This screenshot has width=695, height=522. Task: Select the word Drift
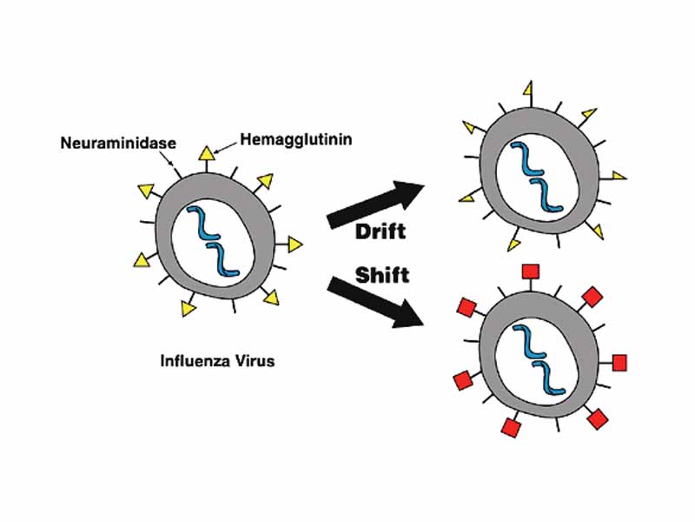[380, 231]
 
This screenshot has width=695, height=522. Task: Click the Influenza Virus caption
[217, 359]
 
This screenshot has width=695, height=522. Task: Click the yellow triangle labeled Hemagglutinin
[206, 155]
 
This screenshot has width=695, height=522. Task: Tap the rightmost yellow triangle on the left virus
[296, 244]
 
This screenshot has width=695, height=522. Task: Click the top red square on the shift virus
[528, 272]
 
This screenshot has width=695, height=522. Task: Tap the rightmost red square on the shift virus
[619, 361]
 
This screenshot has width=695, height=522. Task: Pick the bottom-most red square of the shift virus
[510, 427]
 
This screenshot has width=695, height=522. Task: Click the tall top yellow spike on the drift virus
[527, 90]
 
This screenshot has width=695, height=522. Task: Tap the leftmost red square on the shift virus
[461, 380]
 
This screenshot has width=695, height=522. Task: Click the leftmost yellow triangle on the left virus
[139, 258]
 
